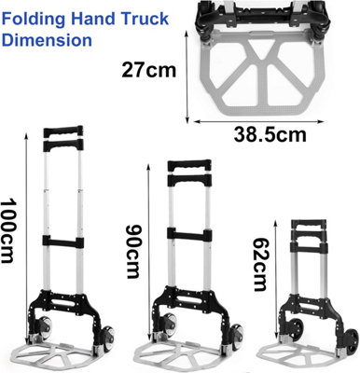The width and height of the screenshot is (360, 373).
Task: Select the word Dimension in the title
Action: click(x=47, y=41)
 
